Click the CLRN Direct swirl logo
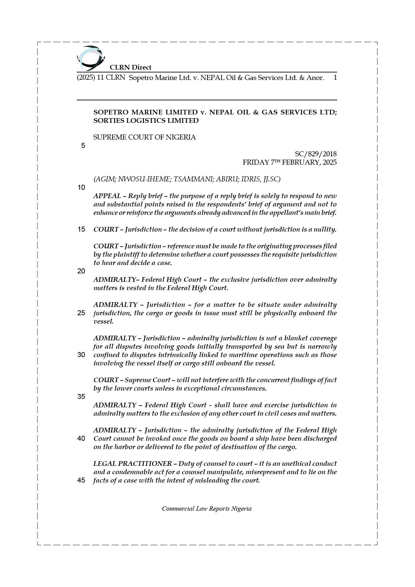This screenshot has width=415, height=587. point(91,58)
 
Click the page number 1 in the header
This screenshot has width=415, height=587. point(335,78)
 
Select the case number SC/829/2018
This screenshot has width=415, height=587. point(316,154)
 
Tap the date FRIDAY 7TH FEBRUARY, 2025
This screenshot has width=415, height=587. point(289,162)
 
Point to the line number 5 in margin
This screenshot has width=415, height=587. point(83,146)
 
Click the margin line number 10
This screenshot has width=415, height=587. point(81,187)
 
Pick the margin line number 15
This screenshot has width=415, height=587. point(81,229)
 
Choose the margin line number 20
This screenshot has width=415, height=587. point(81,271)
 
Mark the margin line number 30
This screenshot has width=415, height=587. point(81,355)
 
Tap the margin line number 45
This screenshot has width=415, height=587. point(81,480)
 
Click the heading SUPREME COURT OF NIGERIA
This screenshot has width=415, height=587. point(144,137)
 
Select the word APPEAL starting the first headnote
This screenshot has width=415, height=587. point(107,196)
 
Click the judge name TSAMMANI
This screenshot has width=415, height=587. point(193,179)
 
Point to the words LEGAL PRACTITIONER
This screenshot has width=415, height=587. point(133,464)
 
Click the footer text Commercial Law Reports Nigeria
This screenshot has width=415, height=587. point(206,509)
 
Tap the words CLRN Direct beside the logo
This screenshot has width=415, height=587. point(131,67)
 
